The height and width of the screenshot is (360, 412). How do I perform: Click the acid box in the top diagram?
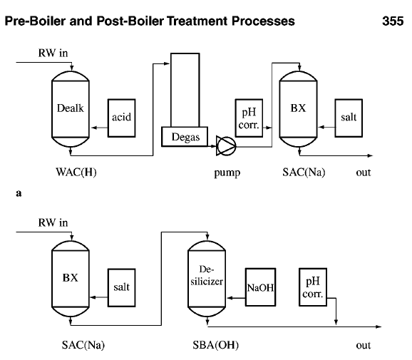120,117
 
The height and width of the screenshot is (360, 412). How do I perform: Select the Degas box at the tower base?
185,137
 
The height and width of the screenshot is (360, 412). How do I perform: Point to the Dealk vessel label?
70,109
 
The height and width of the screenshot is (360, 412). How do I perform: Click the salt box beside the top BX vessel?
348,117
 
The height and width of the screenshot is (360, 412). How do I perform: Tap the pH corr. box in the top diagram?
249,116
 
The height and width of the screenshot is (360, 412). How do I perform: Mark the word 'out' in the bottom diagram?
364,345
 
